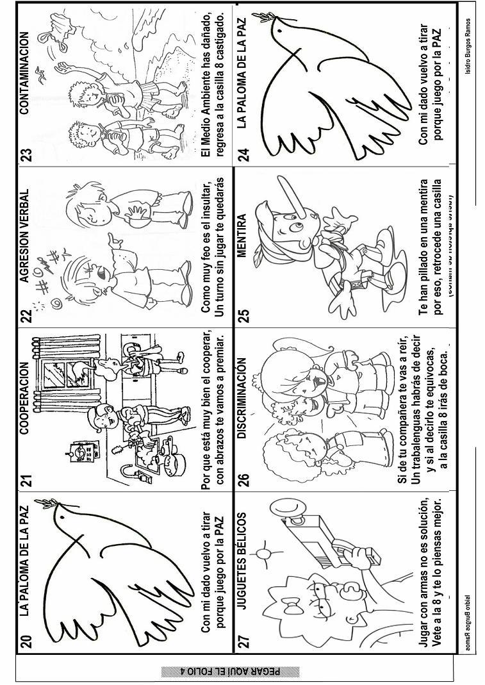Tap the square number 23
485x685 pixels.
(x=25, y=155)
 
